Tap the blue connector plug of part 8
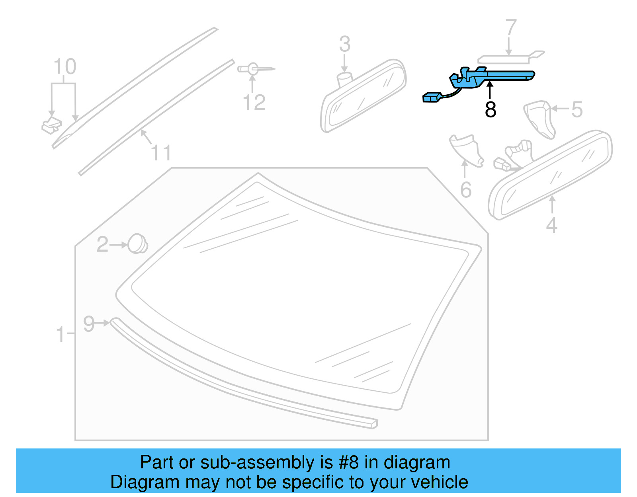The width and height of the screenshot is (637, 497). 432,97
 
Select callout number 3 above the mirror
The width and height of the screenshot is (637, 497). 345,44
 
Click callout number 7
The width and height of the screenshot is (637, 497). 511,28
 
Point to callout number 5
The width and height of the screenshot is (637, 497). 577,109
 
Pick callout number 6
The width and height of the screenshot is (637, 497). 466,190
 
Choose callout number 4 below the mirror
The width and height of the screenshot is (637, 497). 551,225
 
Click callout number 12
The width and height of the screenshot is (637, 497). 254,103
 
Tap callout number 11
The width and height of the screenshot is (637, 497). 161,153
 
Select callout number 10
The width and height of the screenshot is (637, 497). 65,67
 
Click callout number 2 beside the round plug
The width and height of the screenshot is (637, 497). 102,244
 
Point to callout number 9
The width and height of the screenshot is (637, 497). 89,324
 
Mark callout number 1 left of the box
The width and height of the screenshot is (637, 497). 61,334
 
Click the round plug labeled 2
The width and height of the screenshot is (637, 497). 137,244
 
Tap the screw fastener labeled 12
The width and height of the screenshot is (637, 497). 255,69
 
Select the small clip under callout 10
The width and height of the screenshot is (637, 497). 51,125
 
